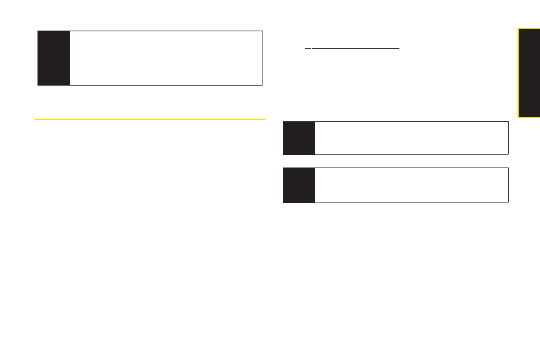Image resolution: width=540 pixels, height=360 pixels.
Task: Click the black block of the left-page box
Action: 54,57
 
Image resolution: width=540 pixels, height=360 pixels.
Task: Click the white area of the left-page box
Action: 166,57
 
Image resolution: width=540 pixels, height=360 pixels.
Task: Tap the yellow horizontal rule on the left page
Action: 151,119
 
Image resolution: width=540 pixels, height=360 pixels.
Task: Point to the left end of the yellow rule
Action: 36,119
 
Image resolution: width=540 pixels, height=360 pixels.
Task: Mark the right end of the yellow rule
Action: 266,119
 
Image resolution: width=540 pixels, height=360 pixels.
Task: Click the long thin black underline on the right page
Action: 355,47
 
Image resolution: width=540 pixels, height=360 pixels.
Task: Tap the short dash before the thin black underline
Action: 307,47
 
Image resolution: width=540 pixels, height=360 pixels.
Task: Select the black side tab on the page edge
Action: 529,72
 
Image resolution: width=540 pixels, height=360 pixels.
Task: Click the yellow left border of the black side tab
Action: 518,72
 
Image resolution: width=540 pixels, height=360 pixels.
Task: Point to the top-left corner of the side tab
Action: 518,27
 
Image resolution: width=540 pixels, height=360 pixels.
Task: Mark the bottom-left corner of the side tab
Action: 518,117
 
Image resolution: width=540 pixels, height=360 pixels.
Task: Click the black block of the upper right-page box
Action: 299,137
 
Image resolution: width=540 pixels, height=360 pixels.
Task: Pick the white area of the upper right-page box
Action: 411,137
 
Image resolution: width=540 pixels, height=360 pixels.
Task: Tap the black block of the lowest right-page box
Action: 299,185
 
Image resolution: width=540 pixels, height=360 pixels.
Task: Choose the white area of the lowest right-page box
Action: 411,185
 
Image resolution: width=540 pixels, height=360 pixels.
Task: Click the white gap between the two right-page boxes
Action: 395,161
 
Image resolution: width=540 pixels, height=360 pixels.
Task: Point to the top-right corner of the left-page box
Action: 262,31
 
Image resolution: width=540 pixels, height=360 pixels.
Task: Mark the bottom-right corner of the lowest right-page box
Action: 508,202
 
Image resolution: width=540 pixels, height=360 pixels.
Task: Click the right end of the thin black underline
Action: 399,47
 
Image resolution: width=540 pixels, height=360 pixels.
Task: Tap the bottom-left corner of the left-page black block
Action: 38,85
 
